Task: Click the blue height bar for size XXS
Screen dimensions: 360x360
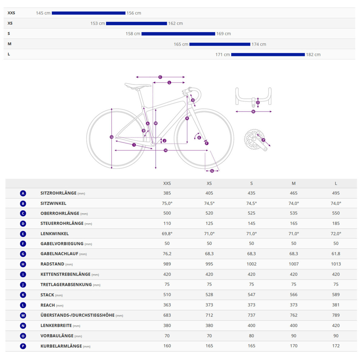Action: pos(89,13)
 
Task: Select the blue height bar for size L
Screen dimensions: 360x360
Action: pos(268,55)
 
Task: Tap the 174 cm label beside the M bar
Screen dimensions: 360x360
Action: pos(259,44)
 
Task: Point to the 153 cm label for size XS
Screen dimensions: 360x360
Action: pos(98,23)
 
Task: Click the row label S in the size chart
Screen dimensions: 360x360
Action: pos(9,33)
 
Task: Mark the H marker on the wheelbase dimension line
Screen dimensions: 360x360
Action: pos(166,150)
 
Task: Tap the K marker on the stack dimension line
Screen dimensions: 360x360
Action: pos(187,118)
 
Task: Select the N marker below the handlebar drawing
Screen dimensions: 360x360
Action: pos(253,112)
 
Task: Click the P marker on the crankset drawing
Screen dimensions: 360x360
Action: pos(263,140)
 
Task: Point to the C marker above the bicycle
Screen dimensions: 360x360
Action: pos(160,77)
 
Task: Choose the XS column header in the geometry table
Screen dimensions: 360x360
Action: pos(209,183)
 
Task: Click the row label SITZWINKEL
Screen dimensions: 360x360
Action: pos(53,203)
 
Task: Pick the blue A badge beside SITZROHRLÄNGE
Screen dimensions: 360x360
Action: pos(23,193)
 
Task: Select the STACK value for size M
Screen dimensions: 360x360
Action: pos(294,294)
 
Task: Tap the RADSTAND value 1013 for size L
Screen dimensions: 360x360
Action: pos(336,264)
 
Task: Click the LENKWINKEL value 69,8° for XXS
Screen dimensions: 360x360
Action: pos(167,233)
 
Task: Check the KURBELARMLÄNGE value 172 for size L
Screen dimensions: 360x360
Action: pos(336,346)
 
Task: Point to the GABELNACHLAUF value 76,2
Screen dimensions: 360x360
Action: pos(167,254)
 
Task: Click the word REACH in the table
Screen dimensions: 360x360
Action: pos(48,305)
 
